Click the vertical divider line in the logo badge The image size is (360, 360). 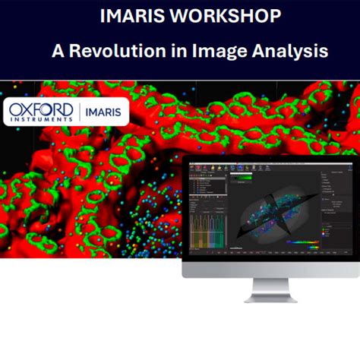click(79, 112)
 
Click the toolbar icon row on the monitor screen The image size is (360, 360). click(228, 167)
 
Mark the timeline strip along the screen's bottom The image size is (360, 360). click(270, 253)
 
